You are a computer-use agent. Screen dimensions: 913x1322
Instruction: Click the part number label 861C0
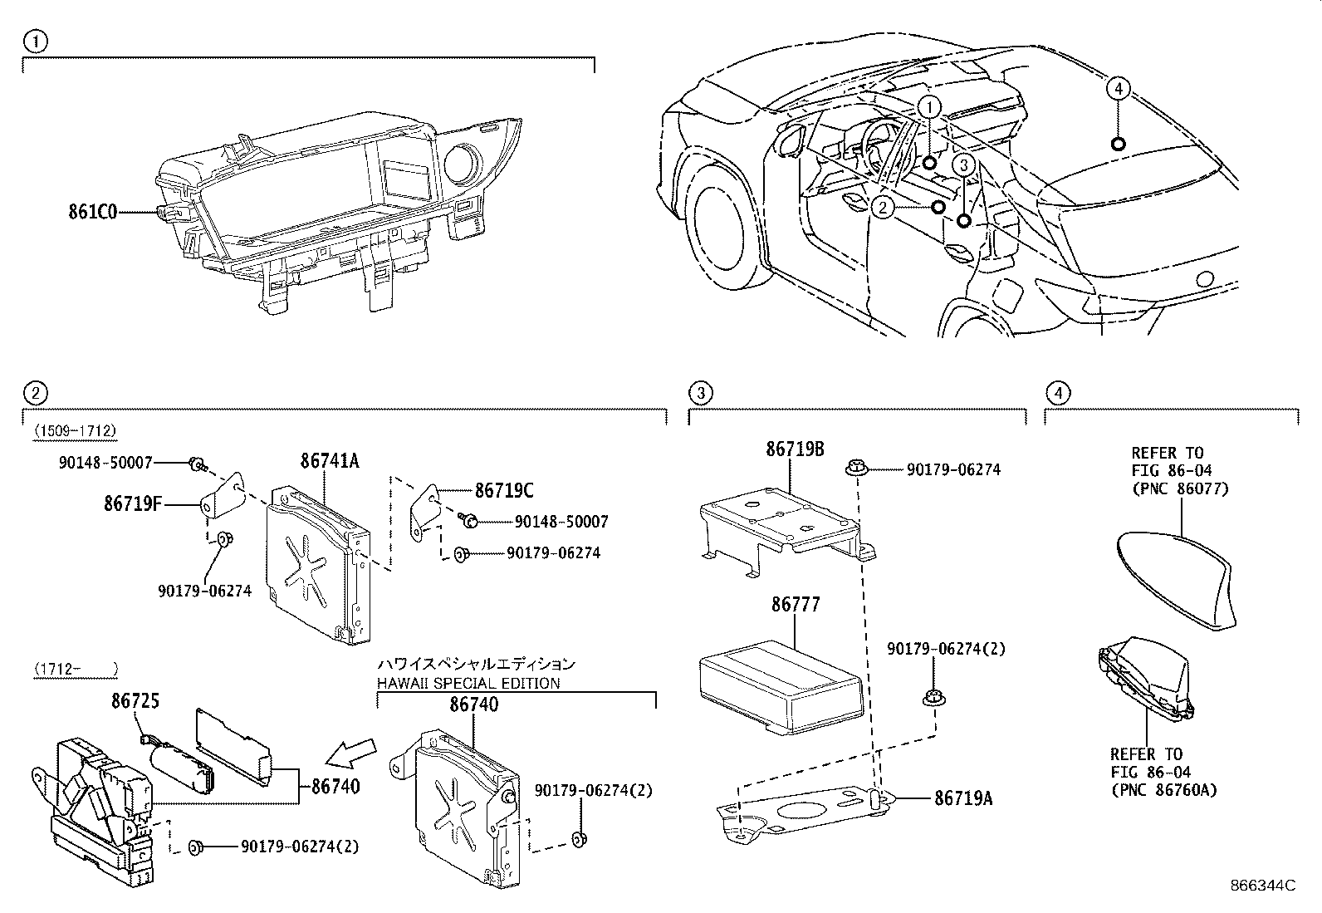coord(92,211)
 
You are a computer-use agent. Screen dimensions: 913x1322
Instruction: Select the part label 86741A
coord(329,461)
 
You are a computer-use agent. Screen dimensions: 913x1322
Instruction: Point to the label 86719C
coord(504,490)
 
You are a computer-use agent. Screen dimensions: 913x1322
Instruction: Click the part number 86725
coord(135,702)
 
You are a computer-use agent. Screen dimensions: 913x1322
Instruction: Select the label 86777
coord(795,605)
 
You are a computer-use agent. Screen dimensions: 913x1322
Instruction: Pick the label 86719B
coord(795,449)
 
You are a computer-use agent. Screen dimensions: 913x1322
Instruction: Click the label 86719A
coord(963,798)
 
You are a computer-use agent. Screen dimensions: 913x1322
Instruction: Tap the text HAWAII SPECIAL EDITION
coord(468,683)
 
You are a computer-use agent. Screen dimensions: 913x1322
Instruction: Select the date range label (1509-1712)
coord(75,430)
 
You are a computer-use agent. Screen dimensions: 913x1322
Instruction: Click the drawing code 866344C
coord(1263,885)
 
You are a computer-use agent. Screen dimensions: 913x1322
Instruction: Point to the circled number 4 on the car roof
coord(1118,89)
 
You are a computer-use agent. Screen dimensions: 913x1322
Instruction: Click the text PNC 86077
coord(1179,489)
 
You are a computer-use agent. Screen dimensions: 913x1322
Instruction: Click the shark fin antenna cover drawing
coord(1175,577)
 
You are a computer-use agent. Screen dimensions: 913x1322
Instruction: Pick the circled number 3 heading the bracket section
coord(700,392)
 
